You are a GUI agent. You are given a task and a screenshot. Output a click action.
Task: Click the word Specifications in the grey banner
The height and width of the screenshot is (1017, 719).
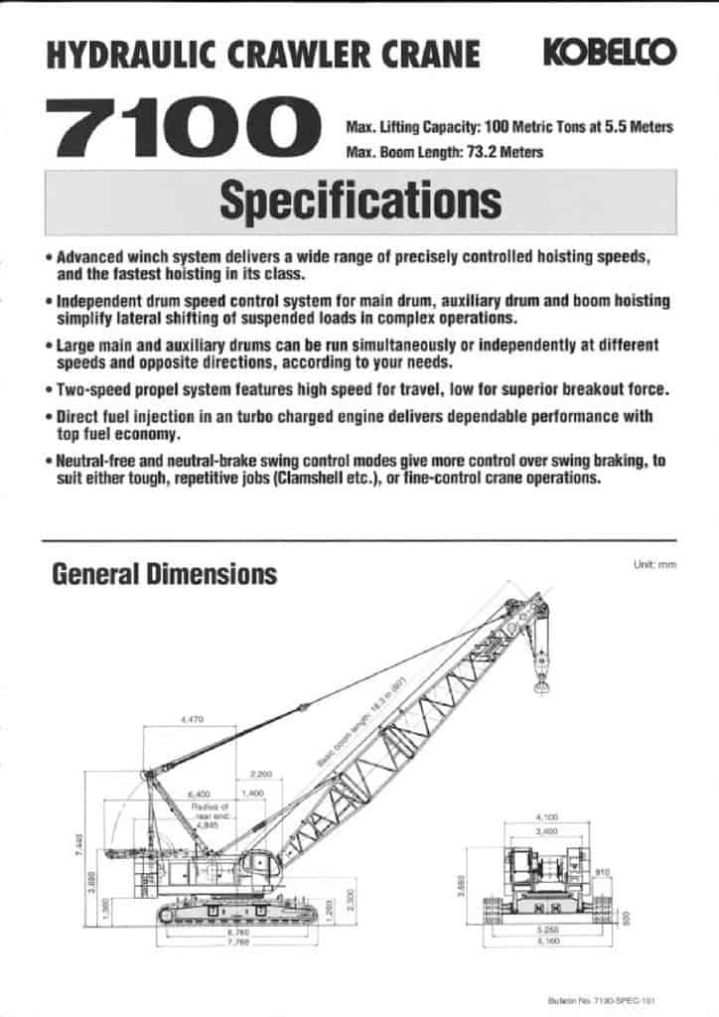pyautogui.click(x=359, y=202)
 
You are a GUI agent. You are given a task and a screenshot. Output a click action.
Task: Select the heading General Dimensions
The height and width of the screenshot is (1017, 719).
pyautogui.click(x=164, y=574)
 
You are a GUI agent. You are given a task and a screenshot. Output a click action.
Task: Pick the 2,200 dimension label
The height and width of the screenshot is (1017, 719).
pyautogui.click(x=261, y=773)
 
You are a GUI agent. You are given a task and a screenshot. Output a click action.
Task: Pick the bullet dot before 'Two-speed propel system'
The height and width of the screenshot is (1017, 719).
pyautogui.click(x=49, y=389)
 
